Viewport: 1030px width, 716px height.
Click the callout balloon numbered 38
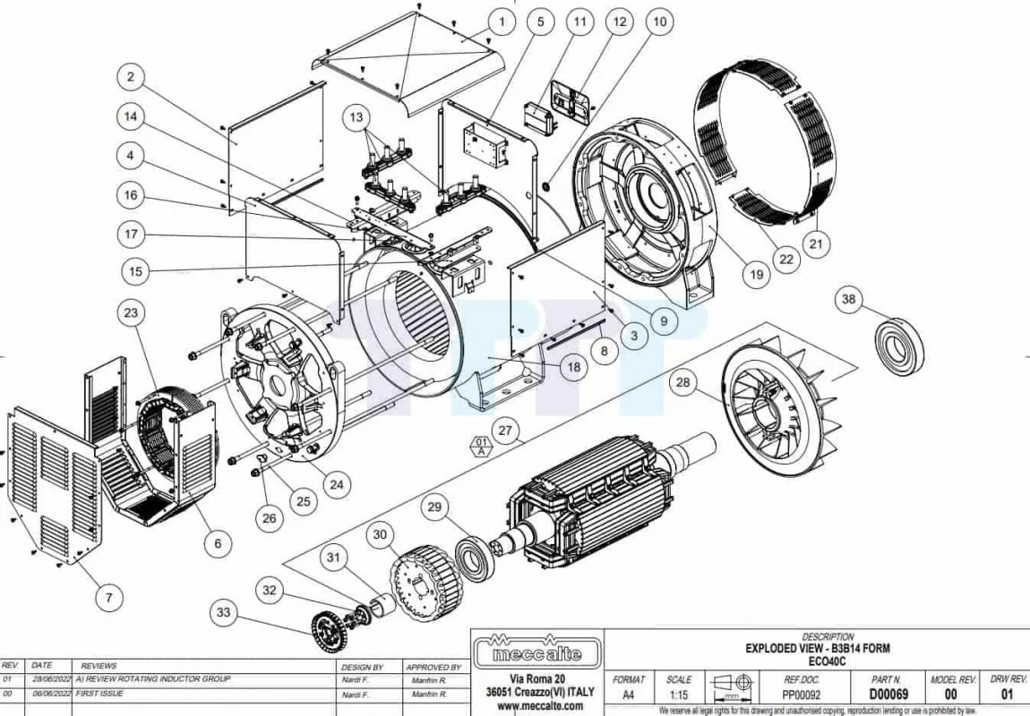[849, 299]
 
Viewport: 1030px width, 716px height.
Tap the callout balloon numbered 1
[502, 21]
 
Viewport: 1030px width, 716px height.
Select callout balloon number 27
[504, 430]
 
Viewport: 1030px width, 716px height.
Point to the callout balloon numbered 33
[223, 612]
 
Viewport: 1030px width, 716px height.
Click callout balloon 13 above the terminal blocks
[356, 117]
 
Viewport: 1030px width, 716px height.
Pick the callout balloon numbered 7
[109, 597]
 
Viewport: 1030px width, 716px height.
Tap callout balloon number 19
[757, 275]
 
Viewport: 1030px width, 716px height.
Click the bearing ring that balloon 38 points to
[900, 346]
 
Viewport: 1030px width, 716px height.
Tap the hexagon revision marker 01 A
[482, 447]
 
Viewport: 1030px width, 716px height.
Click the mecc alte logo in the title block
[537, 651]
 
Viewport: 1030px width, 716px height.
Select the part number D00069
[888, 695]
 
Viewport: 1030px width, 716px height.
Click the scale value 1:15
[679, 695]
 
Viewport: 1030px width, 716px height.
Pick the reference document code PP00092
[802, 695]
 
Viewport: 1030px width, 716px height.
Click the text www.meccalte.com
[540, 706]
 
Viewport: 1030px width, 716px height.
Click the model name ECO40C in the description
[827, 661]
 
